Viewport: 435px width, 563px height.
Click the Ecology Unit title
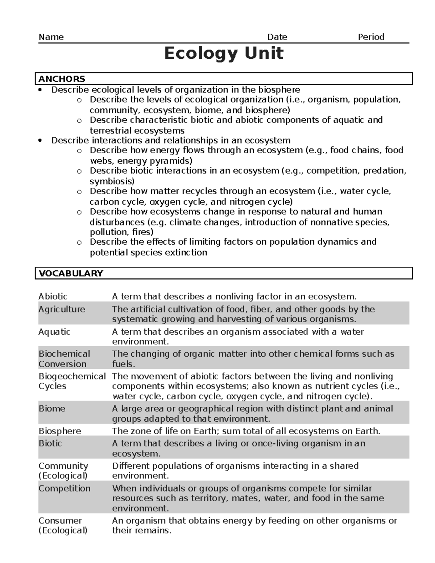coord(224,54)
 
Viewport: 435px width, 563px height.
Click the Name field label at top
coord(51,37)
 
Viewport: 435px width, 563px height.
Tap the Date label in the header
coord(277,37)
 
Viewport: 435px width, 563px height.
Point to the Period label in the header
coord(371,37)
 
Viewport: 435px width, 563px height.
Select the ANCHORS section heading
coord(62,79)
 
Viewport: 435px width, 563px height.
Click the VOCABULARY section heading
coord(71,273)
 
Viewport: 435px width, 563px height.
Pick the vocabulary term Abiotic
coord(53,297)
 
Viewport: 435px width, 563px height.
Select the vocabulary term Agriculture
coord(62,309)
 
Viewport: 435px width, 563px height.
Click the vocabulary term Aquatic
coord(54,332)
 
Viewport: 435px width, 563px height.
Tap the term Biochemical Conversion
coord(64,359)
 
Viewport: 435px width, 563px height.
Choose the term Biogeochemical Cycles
coord(72,381)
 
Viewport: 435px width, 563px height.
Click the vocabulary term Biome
coord(52,409)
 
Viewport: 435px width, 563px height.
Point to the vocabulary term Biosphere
coord(60,431)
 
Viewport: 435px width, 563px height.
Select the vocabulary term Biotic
coord(50,443)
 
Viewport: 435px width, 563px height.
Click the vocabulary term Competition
coord(65,488)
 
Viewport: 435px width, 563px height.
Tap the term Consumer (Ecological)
coord(63,526)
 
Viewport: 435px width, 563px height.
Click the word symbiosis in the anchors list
coord(112,181)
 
